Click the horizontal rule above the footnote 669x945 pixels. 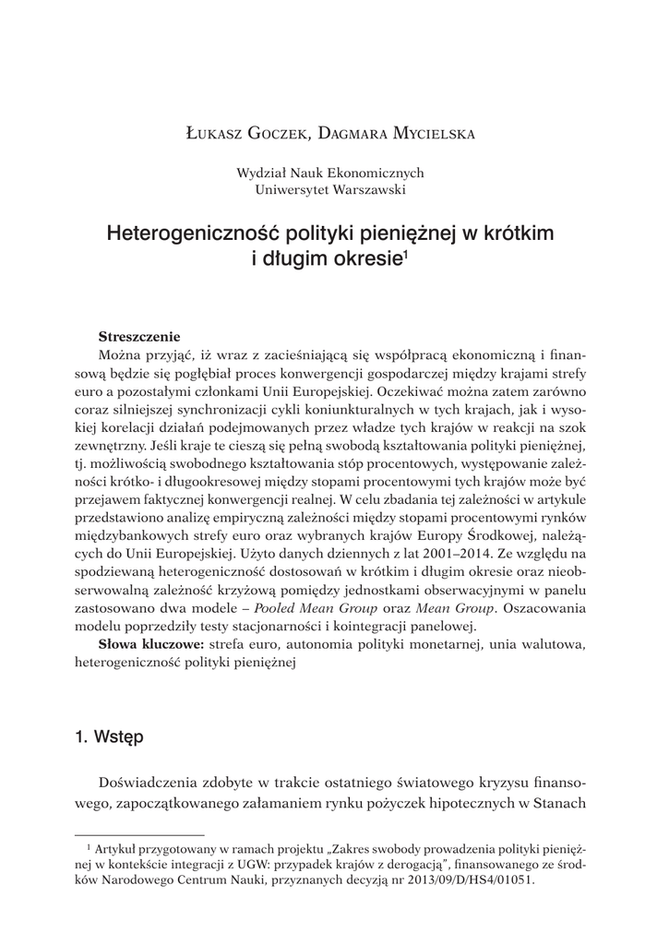(x=125, y=832)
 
